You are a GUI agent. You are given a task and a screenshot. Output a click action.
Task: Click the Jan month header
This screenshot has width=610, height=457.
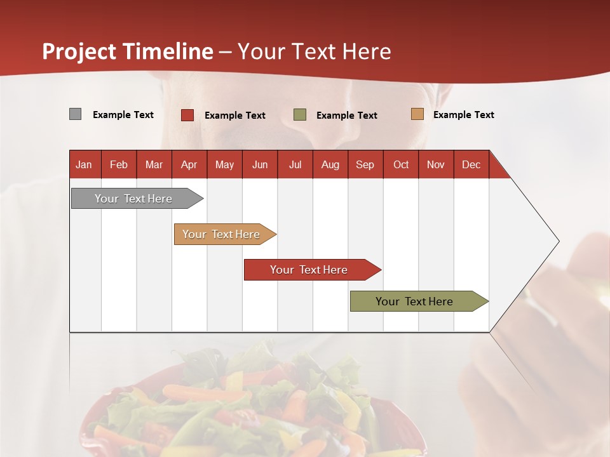(85, 164)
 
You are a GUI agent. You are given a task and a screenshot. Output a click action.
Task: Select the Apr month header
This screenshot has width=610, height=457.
(189, 164)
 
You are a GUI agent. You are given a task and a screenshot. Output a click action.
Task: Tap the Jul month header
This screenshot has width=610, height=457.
(295, 164)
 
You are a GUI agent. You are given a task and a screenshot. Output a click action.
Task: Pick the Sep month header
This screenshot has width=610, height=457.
(365, 164)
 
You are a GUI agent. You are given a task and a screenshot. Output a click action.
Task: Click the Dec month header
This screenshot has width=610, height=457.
(471, 164)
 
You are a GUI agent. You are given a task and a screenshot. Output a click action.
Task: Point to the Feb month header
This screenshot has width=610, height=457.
(119, 164)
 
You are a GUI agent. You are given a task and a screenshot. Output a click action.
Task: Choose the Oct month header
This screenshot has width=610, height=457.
(401, 164)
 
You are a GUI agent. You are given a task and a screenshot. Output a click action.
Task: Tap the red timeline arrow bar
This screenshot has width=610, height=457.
(309, 270)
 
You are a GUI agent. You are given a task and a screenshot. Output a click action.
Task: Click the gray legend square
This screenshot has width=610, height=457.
(75, 114)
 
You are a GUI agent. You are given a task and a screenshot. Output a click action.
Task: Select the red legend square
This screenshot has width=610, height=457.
(187, 115)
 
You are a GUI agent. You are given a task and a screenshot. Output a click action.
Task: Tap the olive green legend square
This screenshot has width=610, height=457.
(300, 115)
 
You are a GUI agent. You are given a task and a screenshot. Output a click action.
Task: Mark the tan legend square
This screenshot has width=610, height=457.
(417, 114)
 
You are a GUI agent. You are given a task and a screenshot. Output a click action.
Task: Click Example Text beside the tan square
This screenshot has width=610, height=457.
(463, 115)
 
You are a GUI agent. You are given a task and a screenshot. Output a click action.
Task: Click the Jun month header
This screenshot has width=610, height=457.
(260, 164)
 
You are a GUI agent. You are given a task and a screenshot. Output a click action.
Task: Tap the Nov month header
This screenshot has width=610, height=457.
(436, 164)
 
